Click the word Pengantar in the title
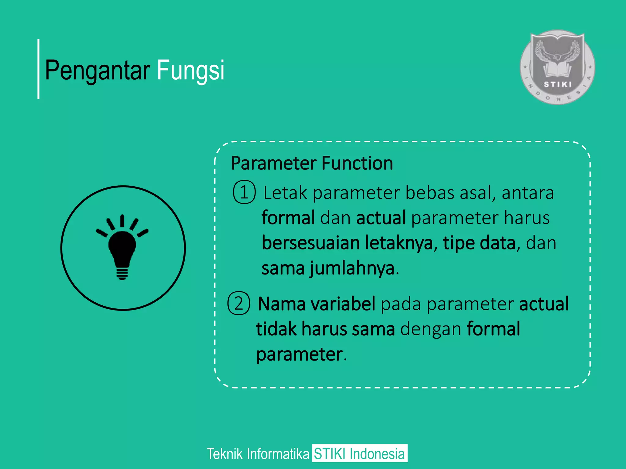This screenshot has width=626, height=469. pos(97,70)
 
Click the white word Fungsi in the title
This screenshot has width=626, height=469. pos(191,70)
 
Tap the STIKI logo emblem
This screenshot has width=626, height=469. pos(557,67)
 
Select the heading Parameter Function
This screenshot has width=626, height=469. pos(312,163)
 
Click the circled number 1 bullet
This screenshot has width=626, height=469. pos(244,192)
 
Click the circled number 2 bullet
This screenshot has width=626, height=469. pos(239,303)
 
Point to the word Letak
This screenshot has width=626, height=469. pos(285,193)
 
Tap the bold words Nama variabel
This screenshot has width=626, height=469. pos(316,304)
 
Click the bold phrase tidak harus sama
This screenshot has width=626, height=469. pos(326,329)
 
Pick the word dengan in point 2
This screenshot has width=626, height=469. pos(430,330)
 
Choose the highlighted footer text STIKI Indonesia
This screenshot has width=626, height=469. pos(359,453)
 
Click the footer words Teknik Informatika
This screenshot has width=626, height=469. pos(258,454)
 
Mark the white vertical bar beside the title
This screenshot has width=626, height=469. pos(39,69)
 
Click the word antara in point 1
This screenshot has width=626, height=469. pos(528,193)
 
